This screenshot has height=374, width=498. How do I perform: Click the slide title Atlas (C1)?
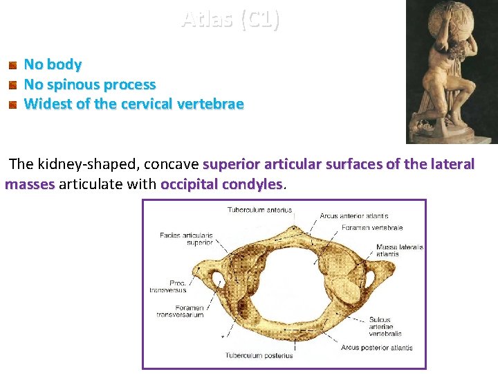point(230,19)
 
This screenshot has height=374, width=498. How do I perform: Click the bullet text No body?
point(53,64)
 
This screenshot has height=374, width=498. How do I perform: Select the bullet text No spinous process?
point(90,84)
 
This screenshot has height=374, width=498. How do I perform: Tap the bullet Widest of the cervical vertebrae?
point(133,105)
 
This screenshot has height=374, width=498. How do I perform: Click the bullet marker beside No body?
point(12,66)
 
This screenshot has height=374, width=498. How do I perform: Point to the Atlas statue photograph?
point(451,71)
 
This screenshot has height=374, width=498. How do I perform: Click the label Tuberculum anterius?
point(259,210)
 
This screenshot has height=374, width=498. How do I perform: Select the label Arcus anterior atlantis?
point(353,216)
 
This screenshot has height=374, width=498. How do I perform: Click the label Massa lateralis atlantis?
point(399,251)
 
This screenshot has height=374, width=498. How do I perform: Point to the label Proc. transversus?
point(168,286)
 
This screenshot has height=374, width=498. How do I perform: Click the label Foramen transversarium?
point(178,312)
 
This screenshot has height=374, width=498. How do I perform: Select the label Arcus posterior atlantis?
point(377,347)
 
